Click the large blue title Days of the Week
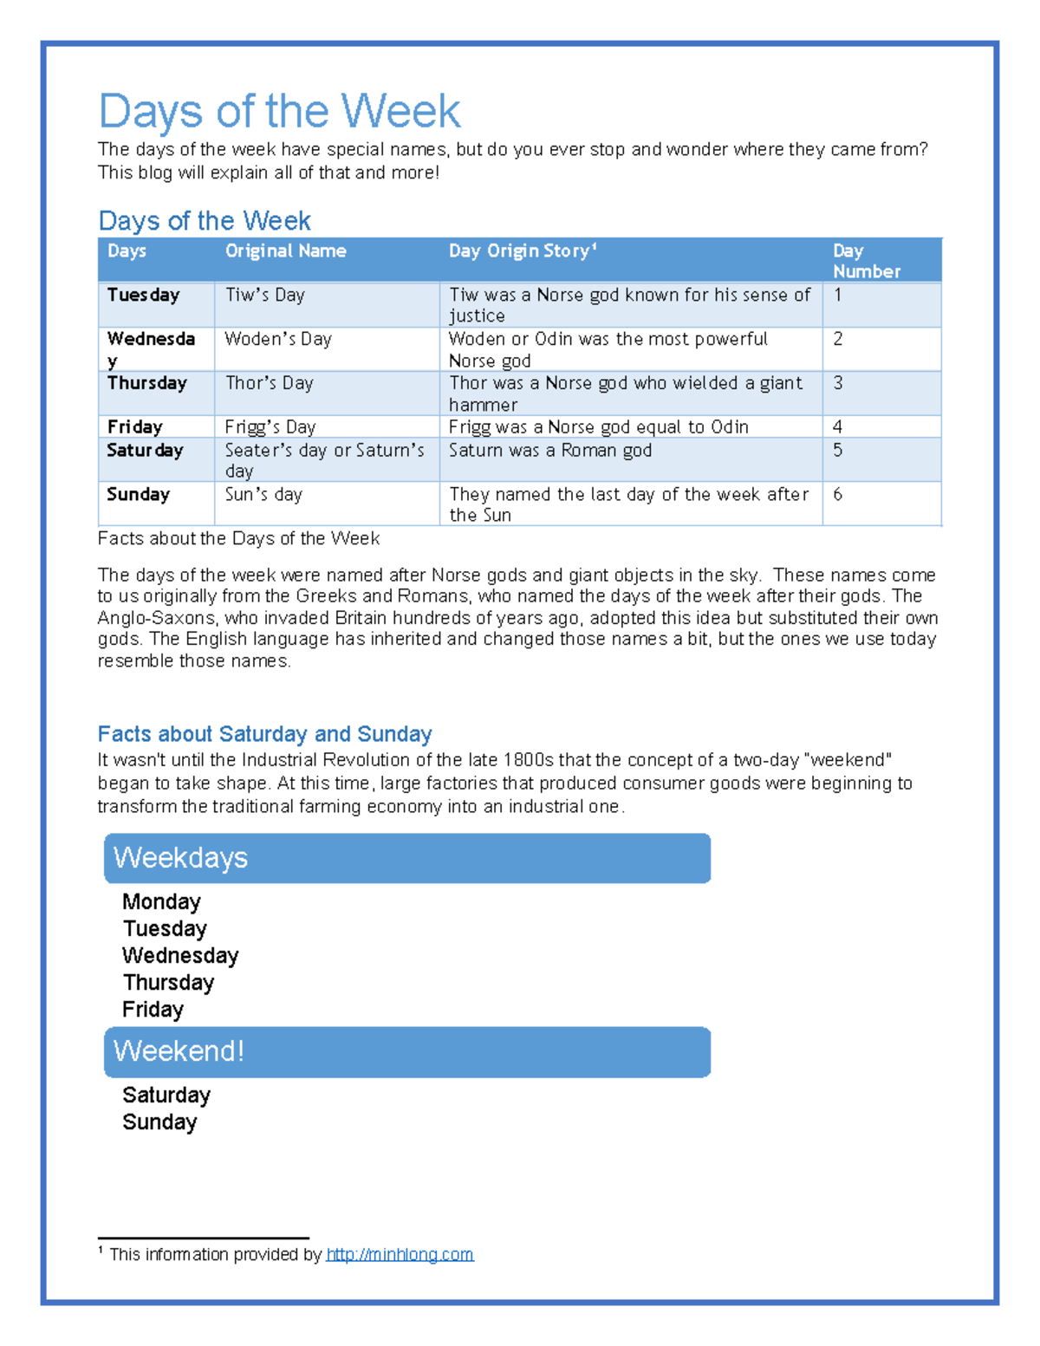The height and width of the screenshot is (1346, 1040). tap(279, 111)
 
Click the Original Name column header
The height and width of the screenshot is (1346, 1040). tap(285, 251)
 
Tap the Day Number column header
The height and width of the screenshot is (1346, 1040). tap(866, 261)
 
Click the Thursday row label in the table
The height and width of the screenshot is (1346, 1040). tap(146, 383)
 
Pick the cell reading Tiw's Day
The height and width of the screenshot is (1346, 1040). tap(265, 296)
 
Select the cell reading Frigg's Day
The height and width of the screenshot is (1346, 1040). tap(270, 427)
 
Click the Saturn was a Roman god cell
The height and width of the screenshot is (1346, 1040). tap(549, 451)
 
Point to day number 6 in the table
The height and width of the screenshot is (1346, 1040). tap(837, 495)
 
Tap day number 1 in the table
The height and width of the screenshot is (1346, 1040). tap(837, 296)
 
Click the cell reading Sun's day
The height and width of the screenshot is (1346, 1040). tap(263, 495)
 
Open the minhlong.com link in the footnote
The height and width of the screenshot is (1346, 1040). tap(400, 1254)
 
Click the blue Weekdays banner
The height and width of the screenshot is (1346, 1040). tap(407, 858)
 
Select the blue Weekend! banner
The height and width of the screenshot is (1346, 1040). tap(407, 1051)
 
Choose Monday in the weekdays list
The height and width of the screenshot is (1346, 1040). tap(161, 902)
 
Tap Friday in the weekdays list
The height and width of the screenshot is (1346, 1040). tap(153, 1010)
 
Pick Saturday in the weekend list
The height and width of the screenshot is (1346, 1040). tap(166, 1096)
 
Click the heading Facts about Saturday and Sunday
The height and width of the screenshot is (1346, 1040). tap(264, 734)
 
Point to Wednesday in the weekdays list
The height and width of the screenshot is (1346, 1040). tap(180, 956)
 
